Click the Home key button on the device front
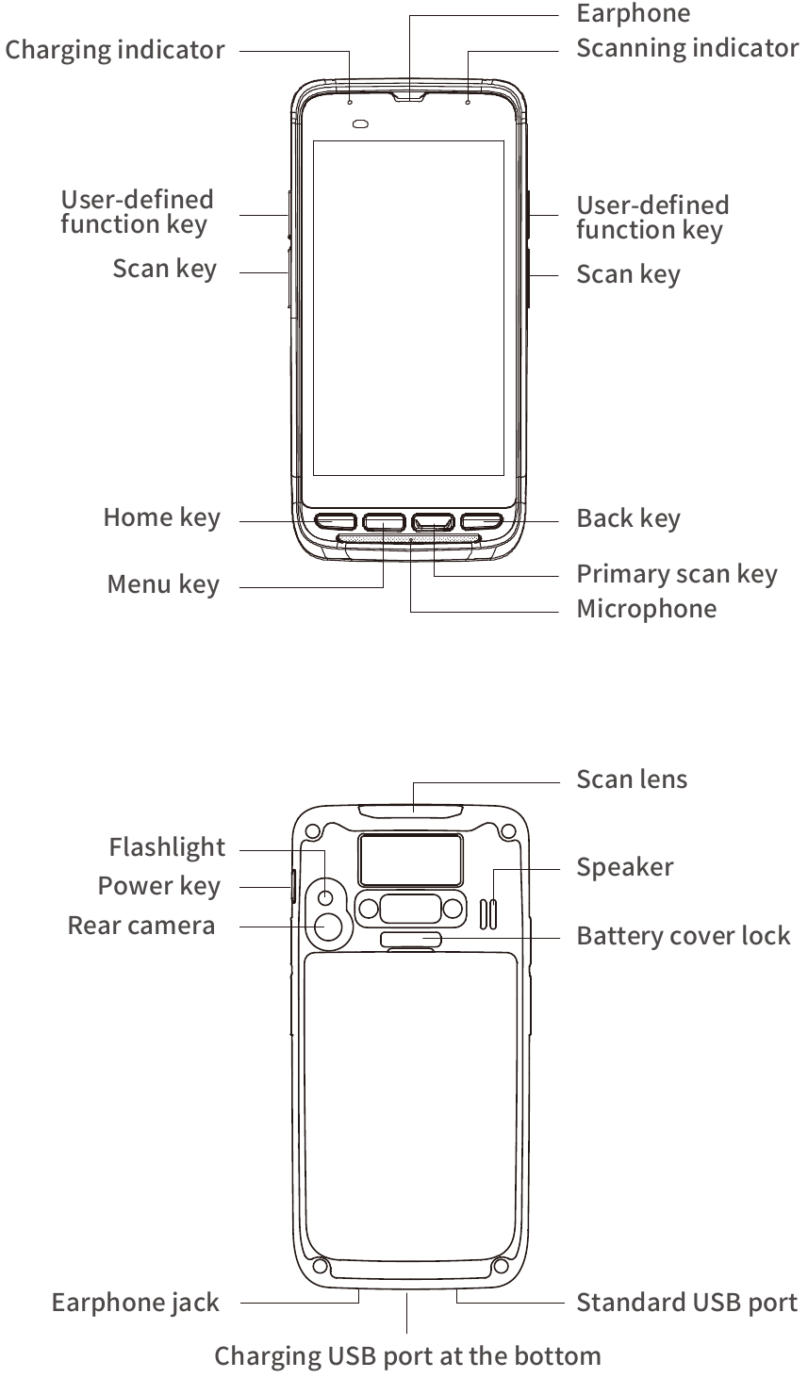coord(334,520)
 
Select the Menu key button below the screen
coord(383,520)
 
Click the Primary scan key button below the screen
coord(432,520)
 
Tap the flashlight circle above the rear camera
coord(326,896)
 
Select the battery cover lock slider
coord(411,938)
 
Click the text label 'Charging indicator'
coord(115,49)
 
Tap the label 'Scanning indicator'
coord(687,47)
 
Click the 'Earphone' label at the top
coord(633,13)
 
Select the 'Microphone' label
coord(646,609)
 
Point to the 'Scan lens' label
coord(632,779)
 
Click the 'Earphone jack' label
coord(135,1303)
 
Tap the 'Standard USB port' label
coord(686,1303)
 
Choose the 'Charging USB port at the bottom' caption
coord(407,1356)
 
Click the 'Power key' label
coord(158,886)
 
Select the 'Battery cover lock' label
coord(683,936)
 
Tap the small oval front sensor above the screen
coord(359,123)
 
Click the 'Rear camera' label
coord(141,926)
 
